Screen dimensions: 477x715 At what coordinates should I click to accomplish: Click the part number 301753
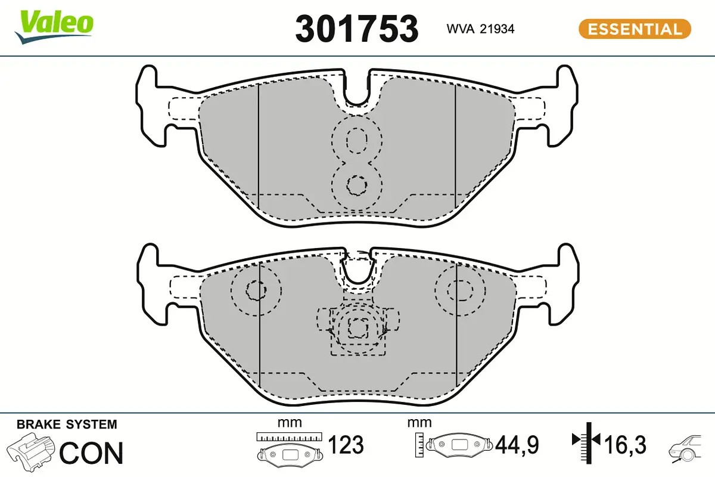(357, 28)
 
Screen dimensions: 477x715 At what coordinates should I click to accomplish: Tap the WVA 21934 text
(480, 29)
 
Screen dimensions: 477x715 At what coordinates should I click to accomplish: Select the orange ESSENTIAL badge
(635, 29)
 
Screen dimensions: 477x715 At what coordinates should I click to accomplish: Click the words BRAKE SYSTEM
(67, 425)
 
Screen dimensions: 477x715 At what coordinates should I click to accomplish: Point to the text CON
(91, 453)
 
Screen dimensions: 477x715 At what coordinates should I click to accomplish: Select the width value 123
(346, 445)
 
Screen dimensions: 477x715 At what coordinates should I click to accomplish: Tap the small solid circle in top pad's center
(357, 185)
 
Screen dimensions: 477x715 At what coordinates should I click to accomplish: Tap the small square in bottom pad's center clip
(357, 326)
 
